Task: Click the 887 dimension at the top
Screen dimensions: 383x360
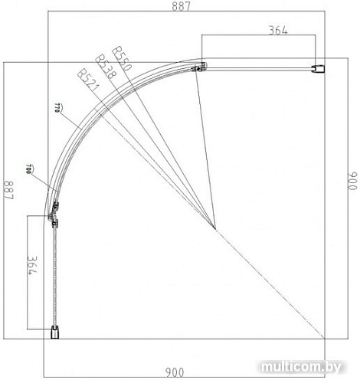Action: pyautogui.click(x=180, y=6)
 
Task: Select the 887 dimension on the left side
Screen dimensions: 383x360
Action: pyautogui.click(x=8, y=189)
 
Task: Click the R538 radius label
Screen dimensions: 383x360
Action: pyautogui.click(x=103, y=66)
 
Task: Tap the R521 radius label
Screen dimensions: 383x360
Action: pyautogui.click(x=87, y=77)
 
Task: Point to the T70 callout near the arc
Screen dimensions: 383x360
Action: pyautogui.click(x=58, y=106)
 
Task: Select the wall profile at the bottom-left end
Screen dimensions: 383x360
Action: pyautogui.click(x=55, y=332)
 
